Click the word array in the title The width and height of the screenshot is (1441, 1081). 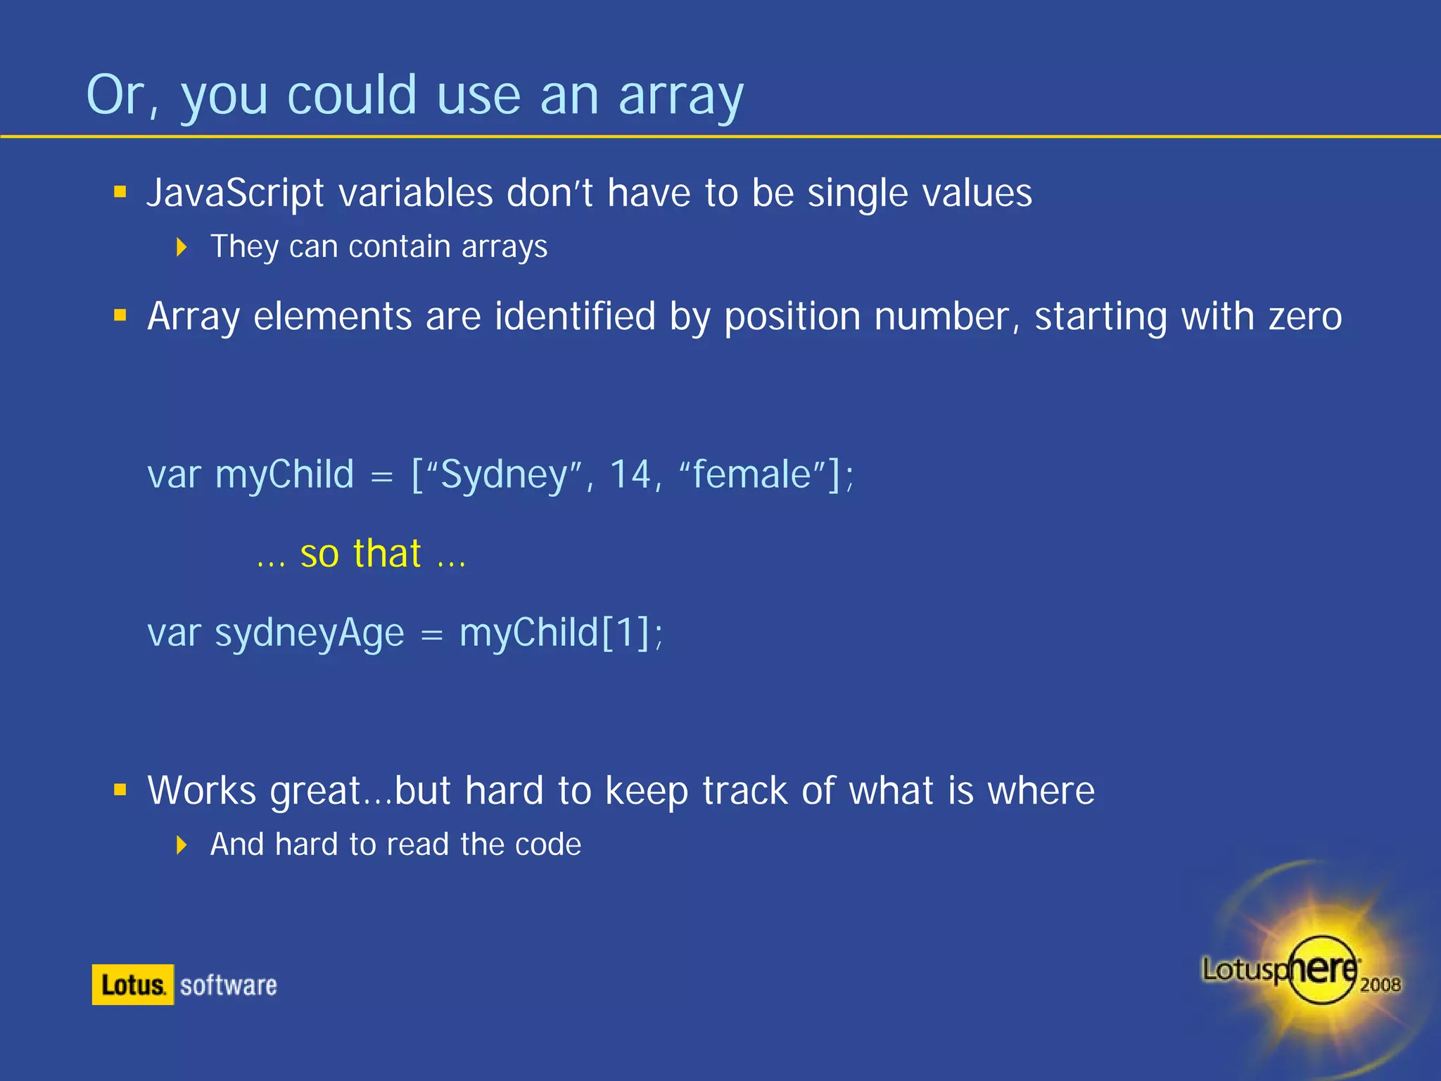[680, 96]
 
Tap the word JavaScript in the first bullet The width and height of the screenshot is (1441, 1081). [235, 193]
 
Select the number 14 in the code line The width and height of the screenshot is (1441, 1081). [630, 474]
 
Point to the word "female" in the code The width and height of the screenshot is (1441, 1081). [751, 474]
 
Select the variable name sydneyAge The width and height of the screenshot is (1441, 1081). [309, 633]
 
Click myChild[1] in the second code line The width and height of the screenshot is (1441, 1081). [556, 633]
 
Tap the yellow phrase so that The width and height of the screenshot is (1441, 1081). [360, 554]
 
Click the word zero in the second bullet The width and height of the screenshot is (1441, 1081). [1304, 317]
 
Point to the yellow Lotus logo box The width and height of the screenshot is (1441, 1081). [132, 985]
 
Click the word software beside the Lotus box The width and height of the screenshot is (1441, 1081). [228, 985]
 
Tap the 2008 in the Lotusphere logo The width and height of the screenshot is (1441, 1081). [1380, 985]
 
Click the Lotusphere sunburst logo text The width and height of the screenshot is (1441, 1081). [1279, 970]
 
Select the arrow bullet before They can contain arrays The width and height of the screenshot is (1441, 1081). [182, 247]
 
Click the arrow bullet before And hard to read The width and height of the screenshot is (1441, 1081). [182, 845]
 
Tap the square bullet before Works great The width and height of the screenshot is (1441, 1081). [120, 790]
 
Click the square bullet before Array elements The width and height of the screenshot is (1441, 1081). [120, 315]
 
